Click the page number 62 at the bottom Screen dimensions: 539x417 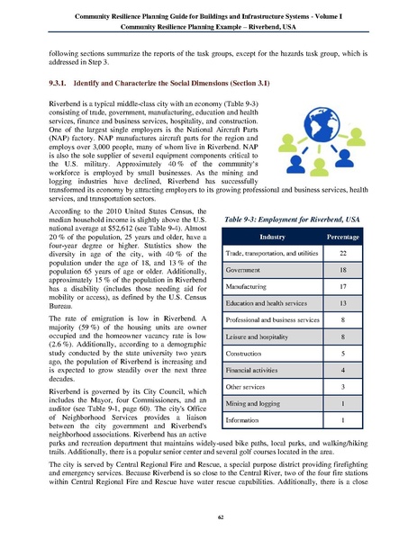pos(208,515)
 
